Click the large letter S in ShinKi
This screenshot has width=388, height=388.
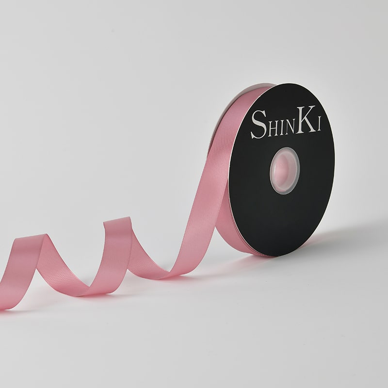pyautogui.click(x=259, y=124)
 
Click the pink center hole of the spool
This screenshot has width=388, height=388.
pyautogui.click(x=284, y=171)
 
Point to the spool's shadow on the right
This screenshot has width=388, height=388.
pyautogui.click(x=341, y=238)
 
